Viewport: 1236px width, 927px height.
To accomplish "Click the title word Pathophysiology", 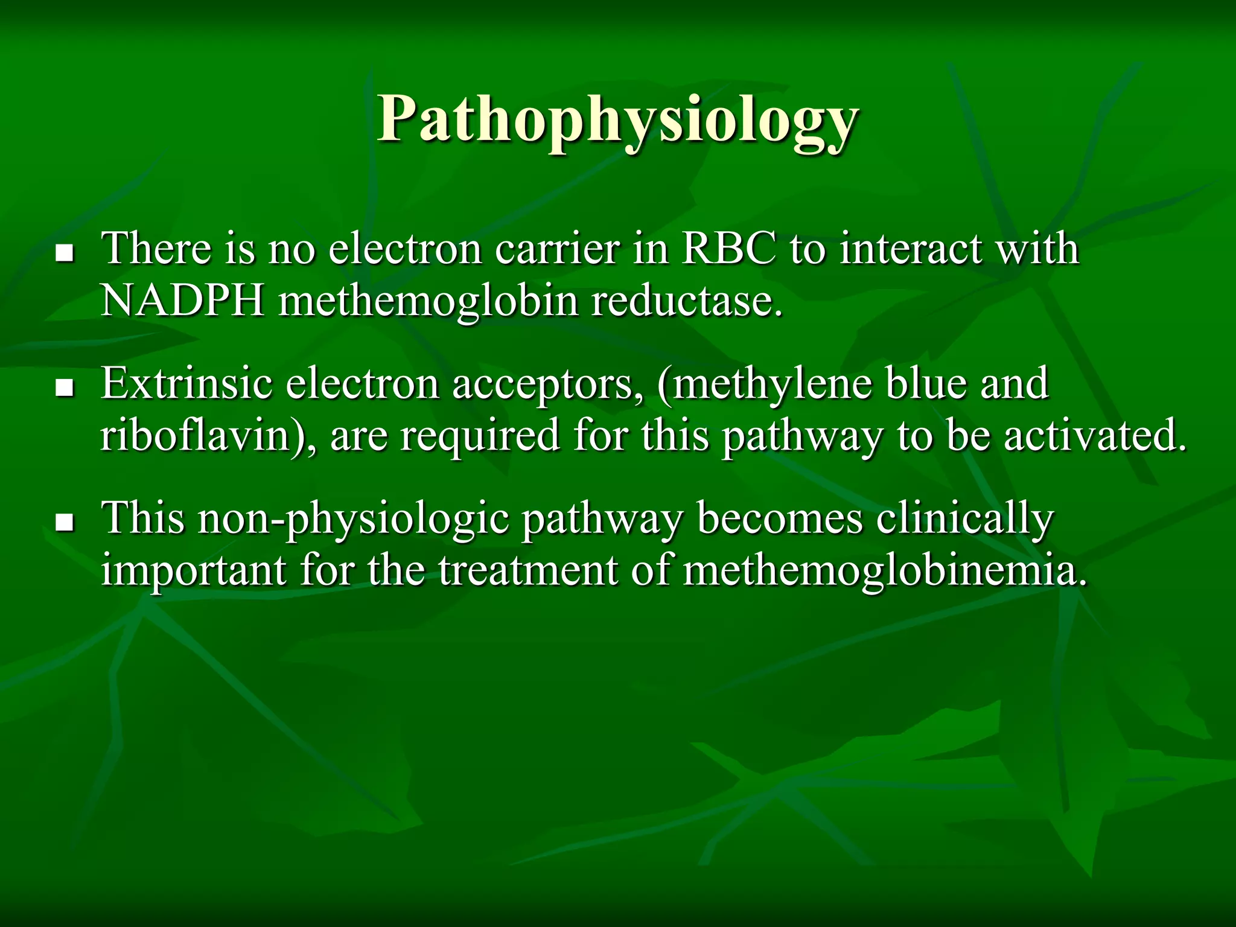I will [617, 121].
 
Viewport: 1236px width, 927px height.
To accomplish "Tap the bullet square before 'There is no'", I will [63, 253].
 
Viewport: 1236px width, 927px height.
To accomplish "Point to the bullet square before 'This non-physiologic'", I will [63, 523].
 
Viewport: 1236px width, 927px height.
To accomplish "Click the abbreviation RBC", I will [728, 249].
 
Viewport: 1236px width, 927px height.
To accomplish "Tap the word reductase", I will [686, 301].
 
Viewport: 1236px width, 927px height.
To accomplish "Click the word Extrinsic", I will [186, 384].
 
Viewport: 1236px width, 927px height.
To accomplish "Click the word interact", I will [910, 249].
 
